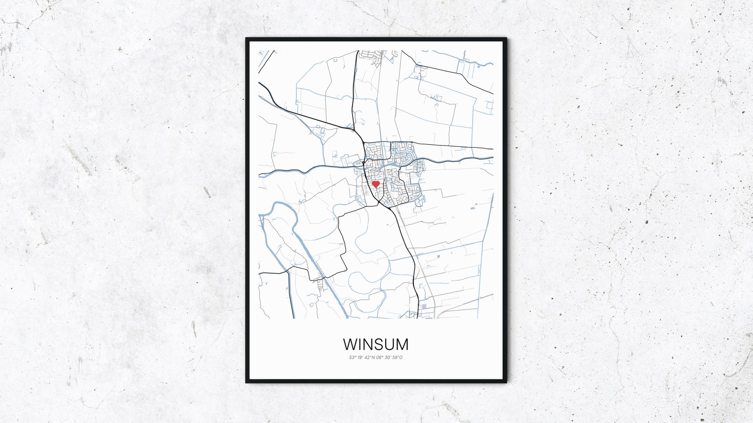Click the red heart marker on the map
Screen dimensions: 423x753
(376, 184)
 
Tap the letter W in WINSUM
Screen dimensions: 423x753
(351, 345)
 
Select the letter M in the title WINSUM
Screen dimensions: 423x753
(400, 345)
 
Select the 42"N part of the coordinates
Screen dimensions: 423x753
(369, 357)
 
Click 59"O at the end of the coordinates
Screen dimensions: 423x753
(398, 357)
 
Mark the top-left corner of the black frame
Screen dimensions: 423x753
(246, 38)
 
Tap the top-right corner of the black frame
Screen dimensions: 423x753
(506, 38)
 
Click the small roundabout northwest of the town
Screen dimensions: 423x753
(353, 130)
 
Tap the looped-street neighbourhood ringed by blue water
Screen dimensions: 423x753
(402, 153)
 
